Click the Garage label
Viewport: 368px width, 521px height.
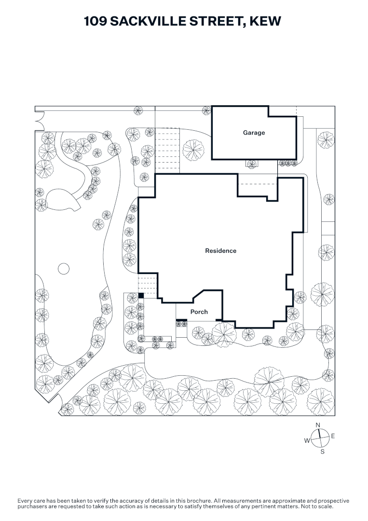pyautogui.click(x=254, y=133)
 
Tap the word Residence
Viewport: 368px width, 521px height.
pyautogui.click(x=220, y=251)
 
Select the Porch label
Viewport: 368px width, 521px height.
pyautogui.click(x=199, y=312)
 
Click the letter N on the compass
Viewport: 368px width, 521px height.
pyautogui.click(x=318, y=425)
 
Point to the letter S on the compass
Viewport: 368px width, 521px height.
pyautogui.click(x=322, y=452)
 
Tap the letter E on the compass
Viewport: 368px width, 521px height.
pyautogui.click(x=333, y=436)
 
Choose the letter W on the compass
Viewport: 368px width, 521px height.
pyautogui.click(x=307, y=440)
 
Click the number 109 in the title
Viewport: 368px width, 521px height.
pyautogui.click(x=95, y=21)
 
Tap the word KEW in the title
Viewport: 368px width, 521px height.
pyautogui.click(x=265, y=21)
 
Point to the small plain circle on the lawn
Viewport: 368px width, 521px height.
pyautogui.click(x=64, y=269)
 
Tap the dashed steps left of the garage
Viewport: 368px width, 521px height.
pyautogui.click(x=167, y=151)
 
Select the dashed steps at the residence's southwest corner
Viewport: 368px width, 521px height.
pyautogui.click(x=148, y=286)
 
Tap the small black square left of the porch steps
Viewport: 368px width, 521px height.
pyautogui.click(x=141, y=295)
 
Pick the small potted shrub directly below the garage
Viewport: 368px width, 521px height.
pyautogui.click(x=252, y=164)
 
